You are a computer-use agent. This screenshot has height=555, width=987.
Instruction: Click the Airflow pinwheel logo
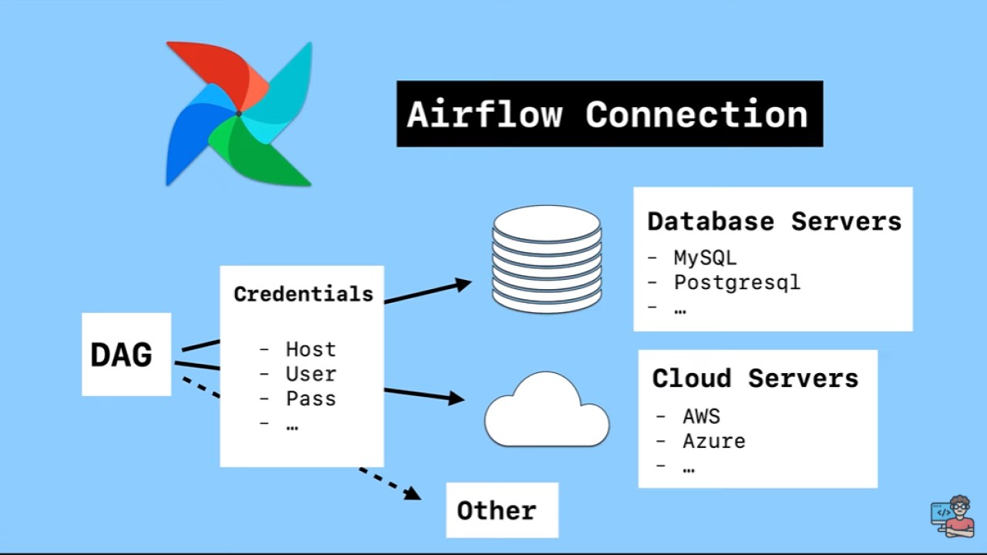(x=238, y=113)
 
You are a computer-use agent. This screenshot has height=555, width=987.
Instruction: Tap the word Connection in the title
(x=696, y=114)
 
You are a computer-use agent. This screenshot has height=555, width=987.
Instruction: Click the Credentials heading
(x=303, y=294)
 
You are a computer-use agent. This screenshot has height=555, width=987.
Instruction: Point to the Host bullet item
(x=311, y=349)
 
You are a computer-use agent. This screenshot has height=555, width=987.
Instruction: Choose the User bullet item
(x=311, y=374)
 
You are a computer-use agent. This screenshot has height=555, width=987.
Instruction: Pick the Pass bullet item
(x=311, y=399)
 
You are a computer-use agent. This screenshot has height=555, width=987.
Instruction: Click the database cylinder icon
(x=547, y=258)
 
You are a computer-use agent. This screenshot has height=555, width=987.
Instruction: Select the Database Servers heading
(x=773, y=221)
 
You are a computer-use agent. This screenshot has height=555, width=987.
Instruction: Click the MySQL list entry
(x=705, y=257)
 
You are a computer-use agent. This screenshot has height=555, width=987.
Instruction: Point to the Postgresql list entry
(x=737, y=282)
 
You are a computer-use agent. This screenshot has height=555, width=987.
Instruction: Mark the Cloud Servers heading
(x=755, y=378)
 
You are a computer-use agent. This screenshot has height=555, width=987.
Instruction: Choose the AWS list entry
(x=701, y=416)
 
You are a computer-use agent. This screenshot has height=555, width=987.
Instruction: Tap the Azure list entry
(x=714, y=442)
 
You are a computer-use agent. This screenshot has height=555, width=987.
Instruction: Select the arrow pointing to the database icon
(x=428, y=291)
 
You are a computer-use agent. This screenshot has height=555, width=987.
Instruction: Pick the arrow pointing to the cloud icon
(x=424, y=395)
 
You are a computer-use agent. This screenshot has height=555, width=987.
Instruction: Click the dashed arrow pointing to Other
(x=389, y=483)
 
